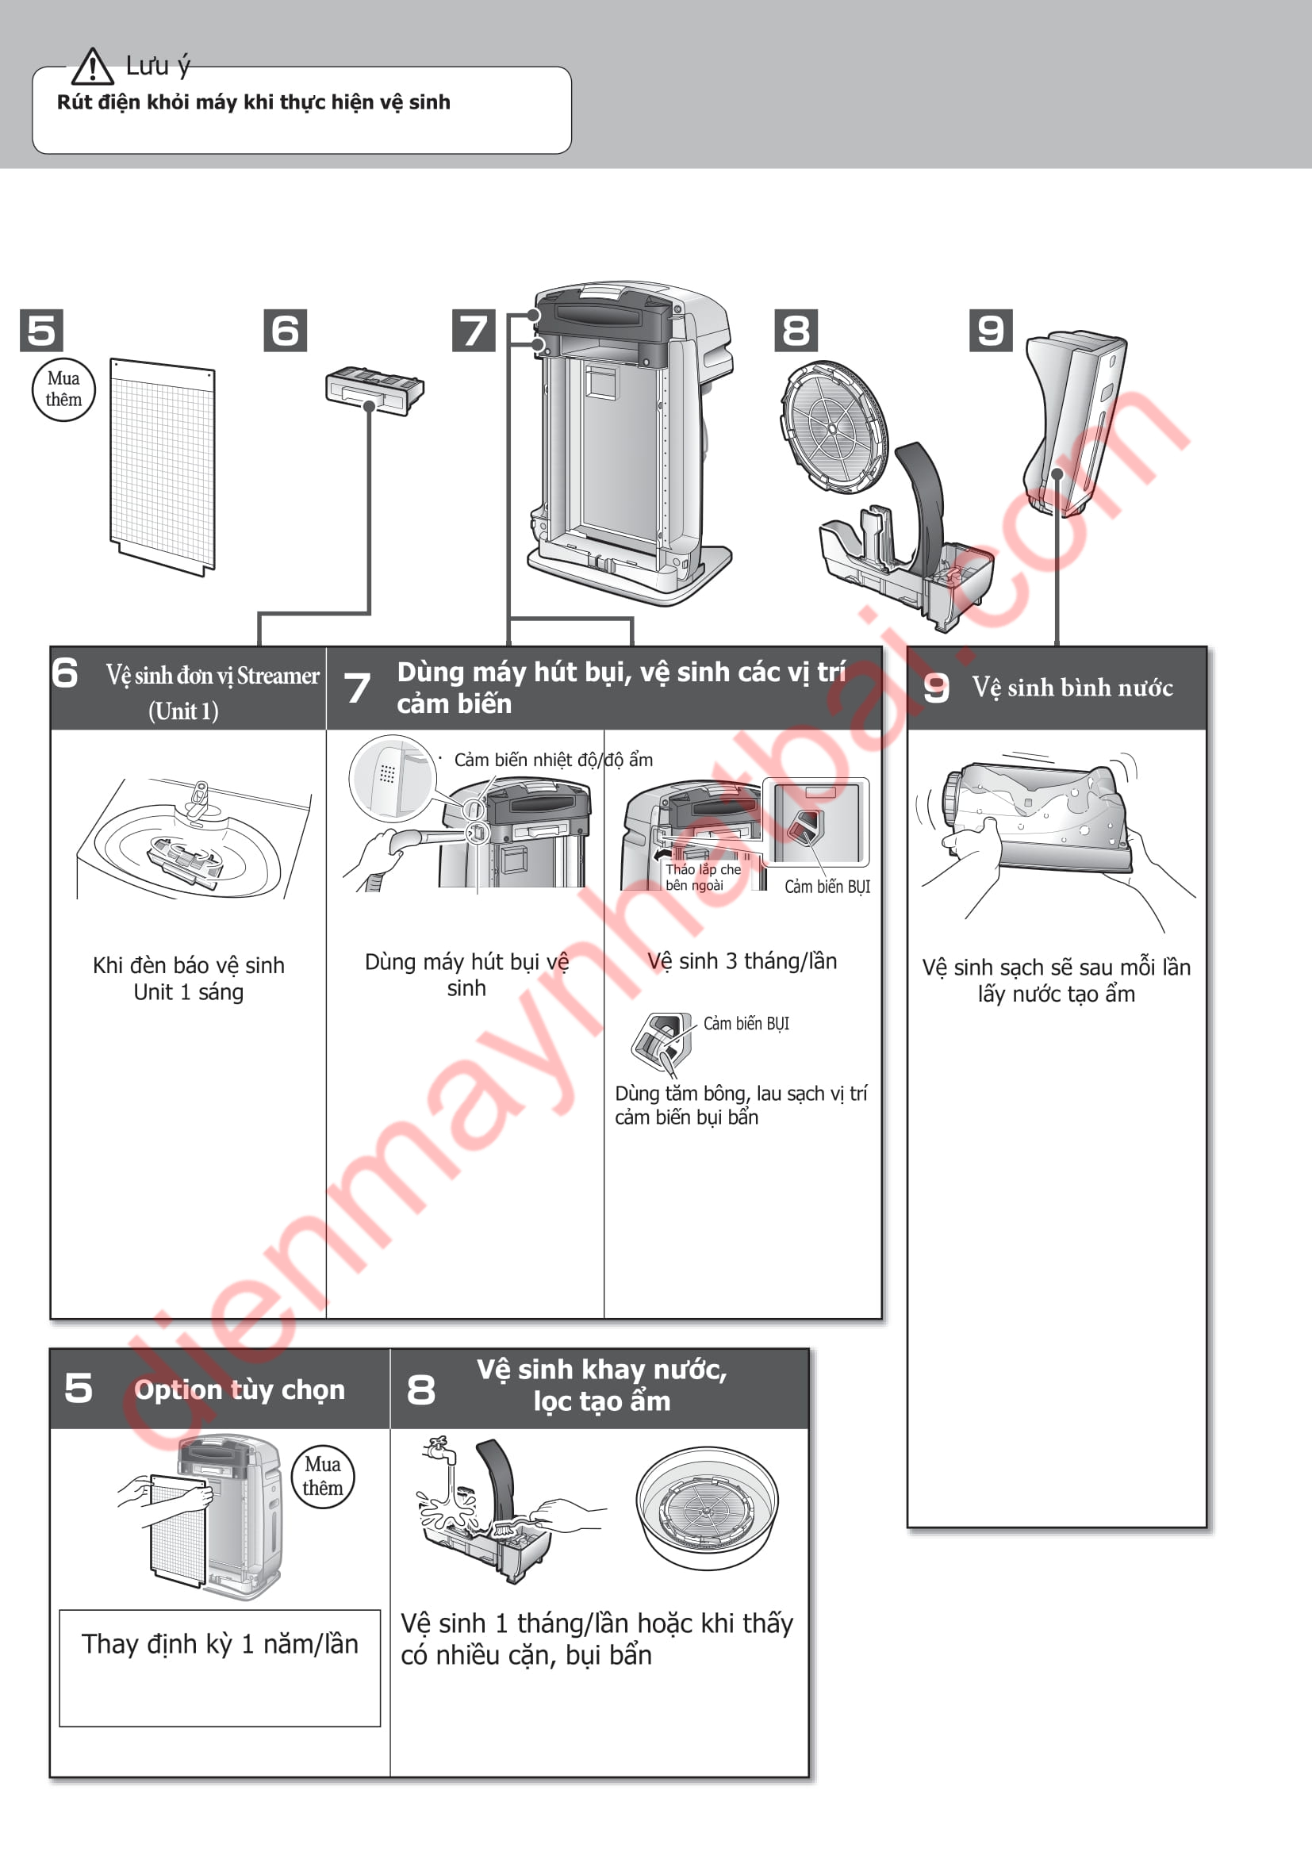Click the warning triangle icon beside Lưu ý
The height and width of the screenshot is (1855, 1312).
coord(92,67)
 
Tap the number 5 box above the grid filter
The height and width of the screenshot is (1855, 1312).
coord(41,331)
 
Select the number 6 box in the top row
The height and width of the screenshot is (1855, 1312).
coord(286,331)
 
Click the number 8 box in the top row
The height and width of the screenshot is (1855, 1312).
coord(796,331)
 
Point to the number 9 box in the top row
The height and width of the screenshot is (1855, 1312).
coord(991,331)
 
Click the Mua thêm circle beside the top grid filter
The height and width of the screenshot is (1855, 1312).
coord(63,389)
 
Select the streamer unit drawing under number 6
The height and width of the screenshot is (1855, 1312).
coord(375,391)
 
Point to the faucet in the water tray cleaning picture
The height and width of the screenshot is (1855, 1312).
coord(440,1450)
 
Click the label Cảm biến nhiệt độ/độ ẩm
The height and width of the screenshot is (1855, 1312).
coord(554,761)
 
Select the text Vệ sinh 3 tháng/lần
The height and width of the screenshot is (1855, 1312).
coord(742,960)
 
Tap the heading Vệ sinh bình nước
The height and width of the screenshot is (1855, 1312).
coord(1072,688)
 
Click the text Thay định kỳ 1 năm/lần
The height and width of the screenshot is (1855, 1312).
coord(220,1644)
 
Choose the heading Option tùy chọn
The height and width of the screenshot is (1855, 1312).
coord(239,1389)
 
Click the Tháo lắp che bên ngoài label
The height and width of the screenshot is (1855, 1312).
coord(703,877)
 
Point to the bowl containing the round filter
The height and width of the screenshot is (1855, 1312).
coord(707,1508)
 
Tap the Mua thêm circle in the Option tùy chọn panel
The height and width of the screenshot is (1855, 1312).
coord(322,1476)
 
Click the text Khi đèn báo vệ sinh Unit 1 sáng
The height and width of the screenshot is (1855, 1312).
coord(188,979)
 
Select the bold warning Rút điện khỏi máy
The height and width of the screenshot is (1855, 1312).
coord(254,102)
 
